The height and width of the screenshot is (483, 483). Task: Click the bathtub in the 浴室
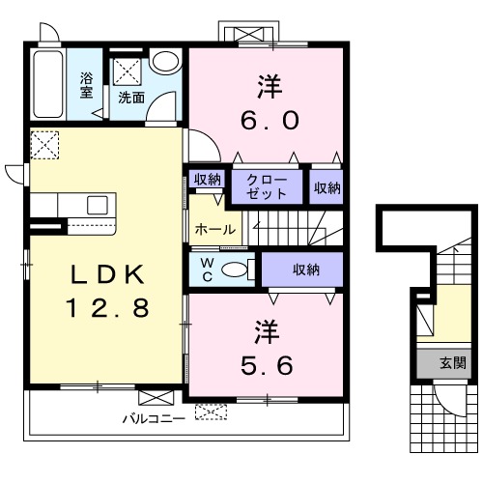coord(48,84)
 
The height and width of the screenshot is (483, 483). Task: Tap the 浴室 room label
coord(86,85)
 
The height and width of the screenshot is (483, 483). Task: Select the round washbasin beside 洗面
coord(165,61)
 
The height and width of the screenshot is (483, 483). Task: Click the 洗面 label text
coord(131,98)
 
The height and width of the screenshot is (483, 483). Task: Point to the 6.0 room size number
coord(270,121)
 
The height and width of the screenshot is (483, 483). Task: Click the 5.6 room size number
coord(267,365)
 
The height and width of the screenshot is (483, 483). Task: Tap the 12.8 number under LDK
coord(107,307)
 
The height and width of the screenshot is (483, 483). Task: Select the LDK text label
coord(107,274)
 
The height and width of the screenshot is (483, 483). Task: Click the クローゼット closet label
coord(267,186)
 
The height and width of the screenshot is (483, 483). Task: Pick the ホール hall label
coord(215,230)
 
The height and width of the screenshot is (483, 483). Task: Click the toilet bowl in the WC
coord(234,270)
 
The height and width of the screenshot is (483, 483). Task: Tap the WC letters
coord(207,270)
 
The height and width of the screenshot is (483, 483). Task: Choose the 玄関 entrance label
coord(453,363)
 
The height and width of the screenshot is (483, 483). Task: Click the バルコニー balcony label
coord(154,419)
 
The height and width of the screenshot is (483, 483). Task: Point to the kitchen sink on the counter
coord(98,205)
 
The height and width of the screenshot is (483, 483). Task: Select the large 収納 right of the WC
coord(306,270)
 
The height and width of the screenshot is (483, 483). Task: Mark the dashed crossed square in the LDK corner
coord(44,145)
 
